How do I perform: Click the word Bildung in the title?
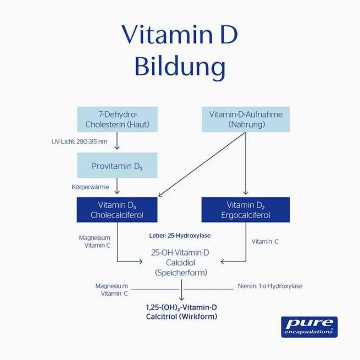(180, 67)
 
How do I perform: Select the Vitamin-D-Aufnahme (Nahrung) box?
(246, 119)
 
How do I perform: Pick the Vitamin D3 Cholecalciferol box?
(117, 210)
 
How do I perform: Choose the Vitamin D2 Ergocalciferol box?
(246, 210)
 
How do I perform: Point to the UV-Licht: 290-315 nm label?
(79, 141)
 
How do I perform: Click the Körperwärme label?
(90, 187)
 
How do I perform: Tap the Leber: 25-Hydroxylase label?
(180, 235)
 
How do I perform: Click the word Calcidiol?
(180, 262)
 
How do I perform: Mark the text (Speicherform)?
(180, 272)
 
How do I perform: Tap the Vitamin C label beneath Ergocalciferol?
(265, 242)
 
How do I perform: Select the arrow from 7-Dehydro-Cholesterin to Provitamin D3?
(117, 140)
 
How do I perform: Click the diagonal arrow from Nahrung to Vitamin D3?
(202, 164)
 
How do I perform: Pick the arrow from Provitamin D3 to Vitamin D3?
(117, 186)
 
